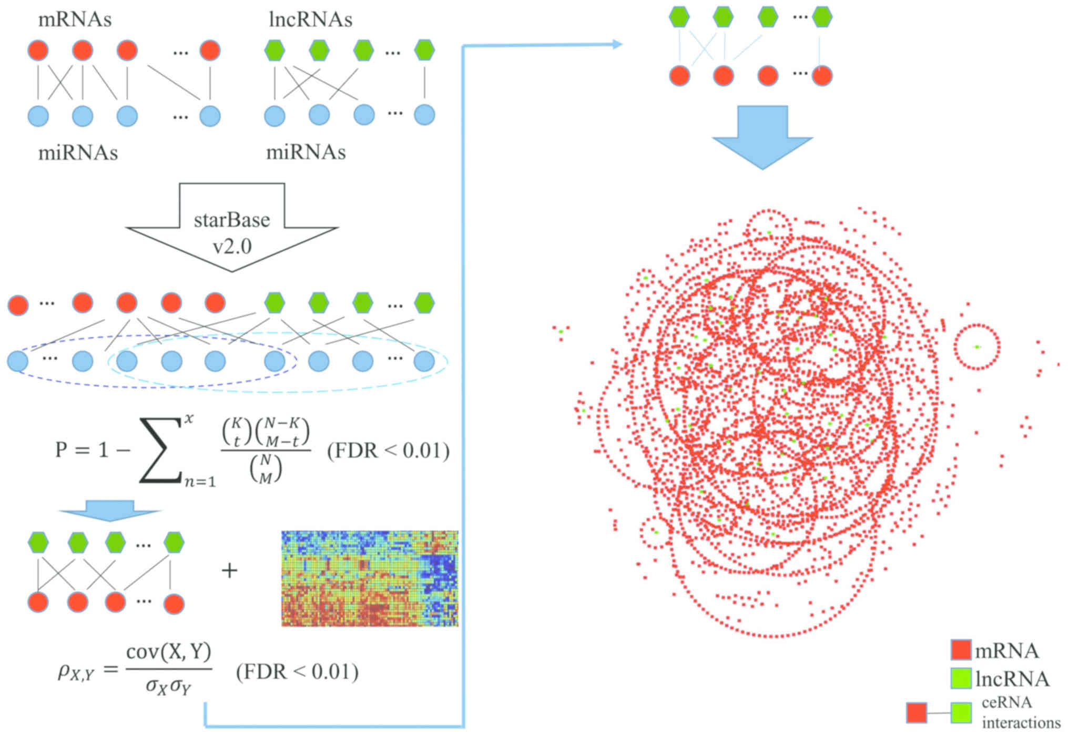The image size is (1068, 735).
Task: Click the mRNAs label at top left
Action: pos(75,19)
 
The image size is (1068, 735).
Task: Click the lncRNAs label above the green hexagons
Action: pos(310,19)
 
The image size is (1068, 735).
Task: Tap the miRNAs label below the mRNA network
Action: pos(78,153)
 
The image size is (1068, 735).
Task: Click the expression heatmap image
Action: pos(369,578)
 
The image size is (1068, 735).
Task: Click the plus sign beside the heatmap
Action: pos(230,570)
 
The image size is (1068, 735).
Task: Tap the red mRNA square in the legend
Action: pos(961,650)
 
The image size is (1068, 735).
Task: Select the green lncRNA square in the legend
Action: pos(961,678)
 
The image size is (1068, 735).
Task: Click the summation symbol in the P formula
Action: pos(160,451)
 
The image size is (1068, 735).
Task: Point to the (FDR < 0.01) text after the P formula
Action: pos(388,451)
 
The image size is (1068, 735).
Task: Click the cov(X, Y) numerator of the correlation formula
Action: pos(169,652)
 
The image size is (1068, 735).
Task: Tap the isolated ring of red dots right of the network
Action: pos(977,347)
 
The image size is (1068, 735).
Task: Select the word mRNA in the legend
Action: pos(1006,651)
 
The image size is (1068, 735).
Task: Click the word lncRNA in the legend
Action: pos(1012,679)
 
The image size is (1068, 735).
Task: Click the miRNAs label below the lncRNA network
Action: pos(306,152)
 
